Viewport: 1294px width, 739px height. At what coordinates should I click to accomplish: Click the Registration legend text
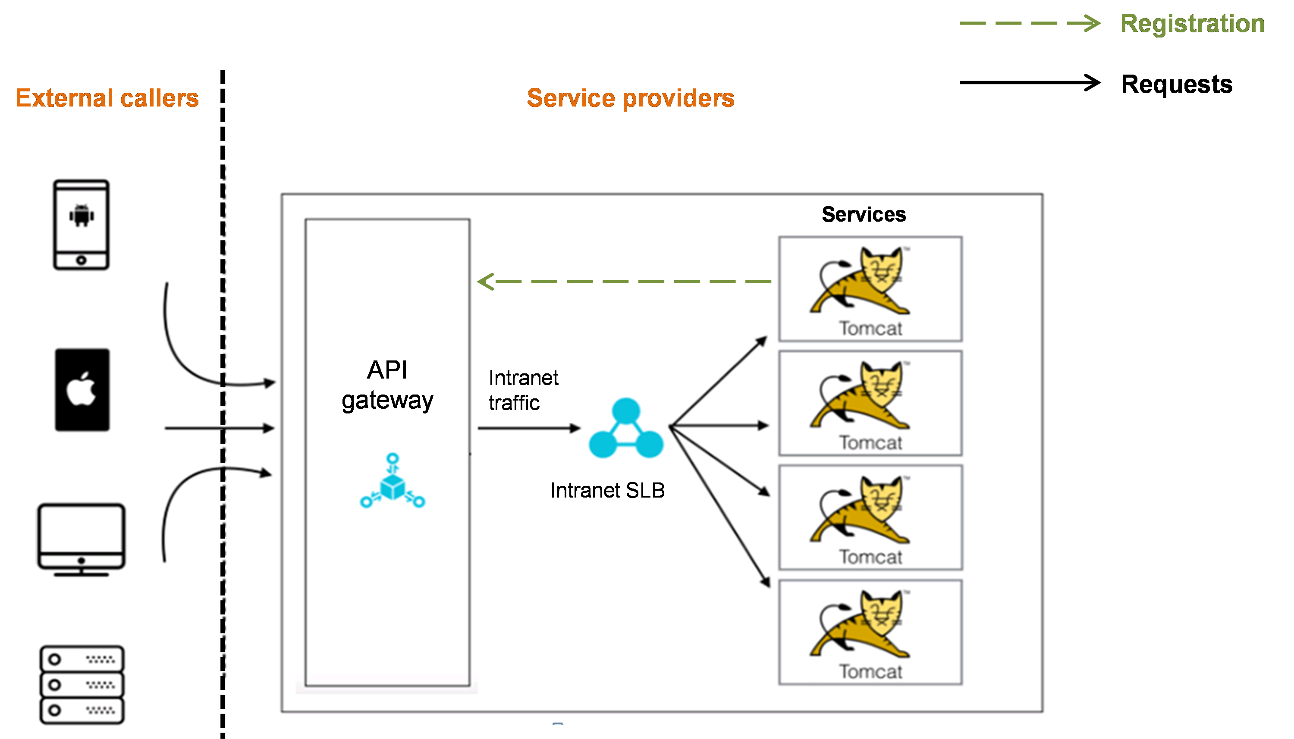click(1191, 24)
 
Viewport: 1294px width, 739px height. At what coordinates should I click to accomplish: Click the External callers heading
click(107, 98)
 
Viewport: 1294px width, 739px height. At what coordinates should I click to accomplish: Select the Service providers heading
click(631, 98)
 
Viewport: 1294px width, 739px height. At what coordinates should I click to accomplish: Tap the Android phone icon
click(81, 224)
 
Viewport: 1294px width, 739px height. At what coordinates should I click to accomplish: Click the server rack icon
click(82, 684)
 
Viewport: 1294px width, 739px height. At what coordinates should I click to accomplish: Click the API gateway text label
click(387, 385)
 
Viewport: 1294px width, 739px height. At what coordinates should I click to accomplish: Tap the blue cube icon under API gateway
click(393, 482)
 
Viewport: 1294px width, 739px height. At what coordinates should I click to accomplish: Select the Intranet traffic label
click(523, 390)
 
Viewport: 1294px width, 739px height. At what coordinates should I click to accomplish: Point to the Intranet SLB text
click(607, 490)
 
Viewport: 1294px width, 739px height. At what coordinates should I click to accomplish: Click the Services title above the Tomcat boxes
click(864, 215)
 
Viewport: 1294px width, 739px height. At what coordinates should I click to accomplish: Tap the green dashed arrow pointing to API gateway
click(625, 281)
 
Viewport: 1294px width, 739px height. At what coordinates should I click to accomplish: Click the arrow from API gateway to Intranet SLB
click(528, 429)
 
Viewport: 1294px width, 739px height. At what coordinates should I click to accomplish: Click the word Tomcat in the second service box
click(870, 443)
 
